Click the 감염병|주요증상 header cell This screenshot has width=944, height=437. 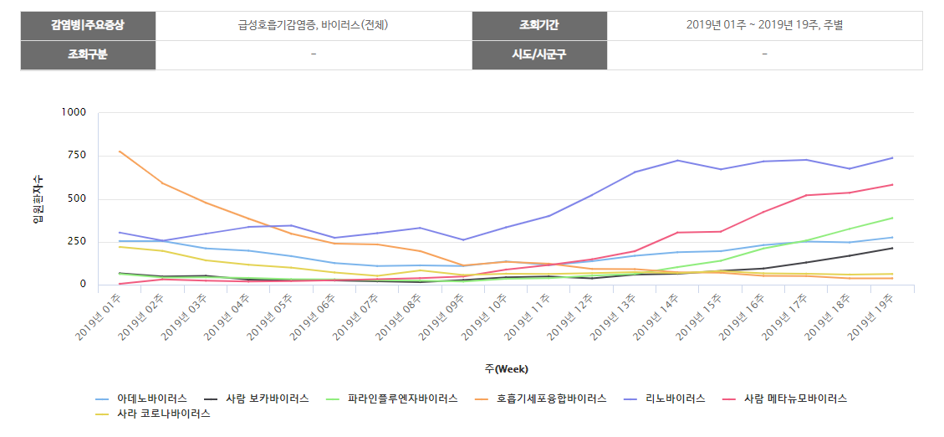(88, 25)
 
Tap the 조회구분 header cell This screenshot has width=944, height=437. (88, 54)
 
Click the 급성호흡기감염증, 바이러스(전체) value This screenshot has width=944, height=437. (313, 25)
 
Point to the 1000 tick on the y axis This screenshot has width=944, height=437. (74, 112)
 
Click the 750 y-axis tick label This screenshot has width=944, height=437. (77, 156)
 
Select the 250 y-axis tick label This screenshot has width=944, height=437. (77, 242)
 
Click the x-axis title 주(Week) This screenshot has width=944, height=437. (506, 368)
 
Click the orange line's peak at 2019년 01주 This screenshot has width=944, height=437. (120, 152)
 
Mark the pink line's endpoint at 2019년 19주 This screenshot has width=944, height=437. (893, 184)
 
